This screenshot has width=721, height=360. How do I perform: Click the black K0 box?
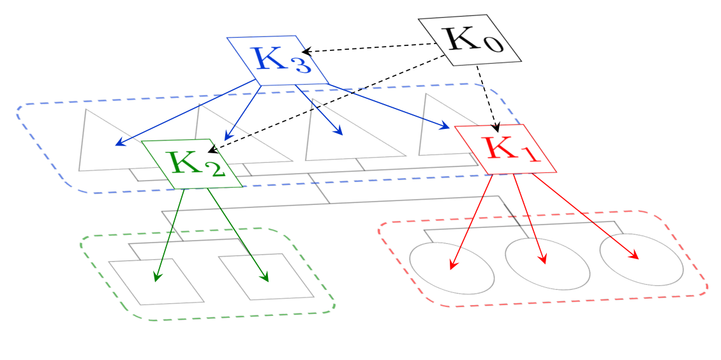(x=470, y=40)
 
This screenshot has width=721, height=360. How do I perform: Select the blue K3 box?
(x=278, y=60)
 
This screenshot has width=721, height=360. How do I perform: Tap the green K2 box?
(x=192, y=163)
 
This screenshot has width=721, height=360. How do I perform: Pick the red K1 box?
(x=505, y=149)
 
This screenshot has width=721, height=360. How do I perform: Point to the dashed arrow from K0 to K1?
(x=487, y=98)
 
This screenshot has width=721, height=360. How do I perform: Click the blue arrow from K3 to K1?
(x=389, y=106)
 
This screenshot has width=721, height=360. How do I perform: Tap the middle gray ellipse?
(x=547, y=264)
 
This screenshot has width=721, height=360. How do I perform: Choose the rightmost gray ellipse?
(x=641, y=259)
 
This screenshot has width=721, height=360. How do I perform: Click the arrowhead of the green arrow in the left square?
(x=157, y=276)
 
